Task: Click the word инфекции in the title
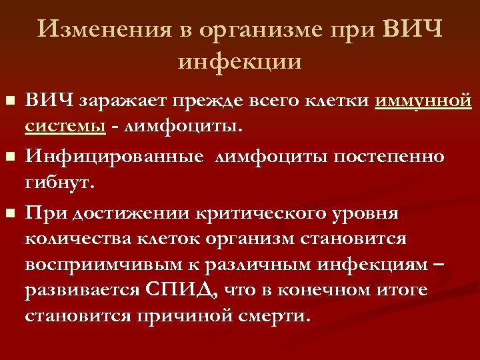click(240, 61)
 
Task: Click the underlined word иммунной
click(423, 101)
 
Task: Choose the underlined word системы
click(65, 125)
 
